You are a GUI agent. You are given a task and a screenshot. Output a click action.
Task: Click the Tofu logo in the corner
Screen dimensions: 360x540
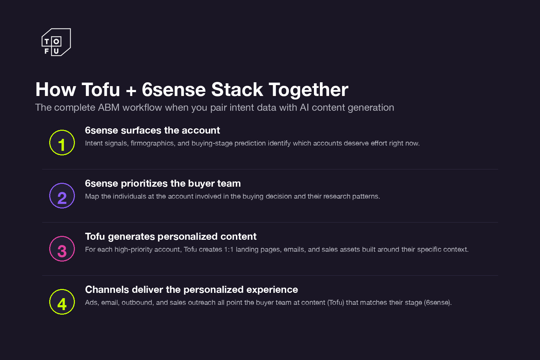tap(56, 42)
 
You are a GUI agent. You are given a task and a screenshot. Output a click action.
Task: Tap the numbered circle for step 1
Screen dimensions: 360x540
tap(62, 143)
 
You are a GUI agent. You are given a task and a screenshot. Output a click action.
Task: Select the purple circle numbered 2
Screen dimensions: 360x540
tap(62, 196)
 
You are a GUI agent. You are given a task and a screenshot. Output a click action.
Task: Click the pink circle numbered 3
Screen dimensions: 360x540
tap(62, 249)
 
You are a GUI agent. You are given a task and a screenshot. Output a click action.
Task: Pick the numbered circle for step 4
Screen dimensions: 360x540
tap(62, 302)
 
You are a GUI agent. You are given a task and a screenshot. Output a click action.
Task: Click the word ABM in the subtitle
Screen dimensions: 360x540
tap(109, 108)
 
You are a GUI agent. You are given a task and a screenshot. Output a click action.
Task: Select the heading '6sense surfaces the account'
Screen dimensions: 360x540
tap(152, 130)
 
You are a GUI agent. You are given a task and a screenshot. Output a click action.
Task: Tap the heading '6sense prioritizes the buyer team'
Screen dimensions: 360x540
tap(163, 184)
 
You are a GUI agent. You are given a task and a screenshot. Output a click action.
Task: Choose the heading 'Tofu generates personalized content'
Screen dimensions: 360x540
tap(171, 237)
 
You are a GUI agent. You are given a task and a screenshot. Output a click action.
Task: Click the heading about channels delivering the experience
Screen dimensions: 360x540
tap(191, 290)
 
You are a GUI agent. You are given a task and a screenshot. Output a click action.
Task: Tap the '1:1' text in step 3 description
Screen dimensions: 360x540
tap(229, 250)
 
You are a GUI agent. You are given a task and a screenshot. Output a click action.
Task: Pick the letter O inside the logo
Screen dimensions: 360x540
tap(56, 41)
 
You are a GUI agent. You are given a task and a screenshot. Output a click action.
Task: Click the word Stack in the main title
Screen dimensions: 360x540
tap(237, 90)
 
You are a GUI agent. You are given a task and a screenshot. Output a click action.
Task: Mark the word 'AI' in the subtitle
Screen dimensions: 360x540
tap(304, 108)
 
